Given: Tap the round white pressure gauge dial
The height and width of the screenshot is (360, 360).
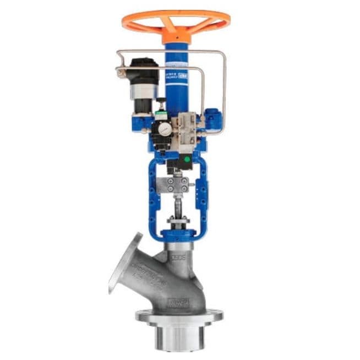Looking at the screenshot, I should click(163, 128).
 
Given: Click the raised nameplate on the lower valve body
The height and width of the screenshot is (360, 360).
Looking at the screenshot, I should click(177, 303).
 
